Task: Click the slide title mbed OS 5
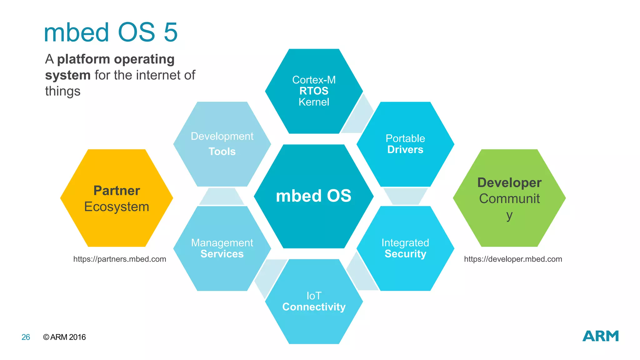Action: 111,32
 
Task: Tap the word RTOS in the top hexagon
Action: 314,91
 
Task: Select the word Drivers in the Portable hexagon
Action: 405,150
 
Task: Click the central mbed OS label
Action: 313,196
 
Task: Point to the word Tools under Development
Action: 222,152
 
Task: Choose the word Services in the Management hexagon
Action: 222,254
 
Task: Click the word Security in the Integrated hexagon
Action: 405,254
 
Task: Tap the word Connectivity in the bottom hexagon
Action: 314,307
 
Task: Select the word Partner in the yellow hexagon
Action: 117,191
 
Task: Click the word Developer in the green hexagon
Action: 509,183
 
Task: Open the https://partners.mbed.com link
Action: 120,259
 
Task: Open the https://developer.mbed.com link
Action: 513,259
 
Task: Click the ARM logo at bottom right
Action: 600,336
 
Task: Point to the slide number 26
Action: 26,337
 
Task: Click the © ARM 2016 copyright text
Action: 64,337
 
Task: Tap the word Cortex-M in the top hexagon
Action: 314,80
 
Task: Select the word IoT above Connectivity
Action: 314,296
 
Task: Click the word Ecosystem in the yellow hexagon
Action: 117,207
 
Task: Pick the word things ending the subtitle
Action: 63,91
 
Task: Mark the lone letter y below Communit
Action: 509,216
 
